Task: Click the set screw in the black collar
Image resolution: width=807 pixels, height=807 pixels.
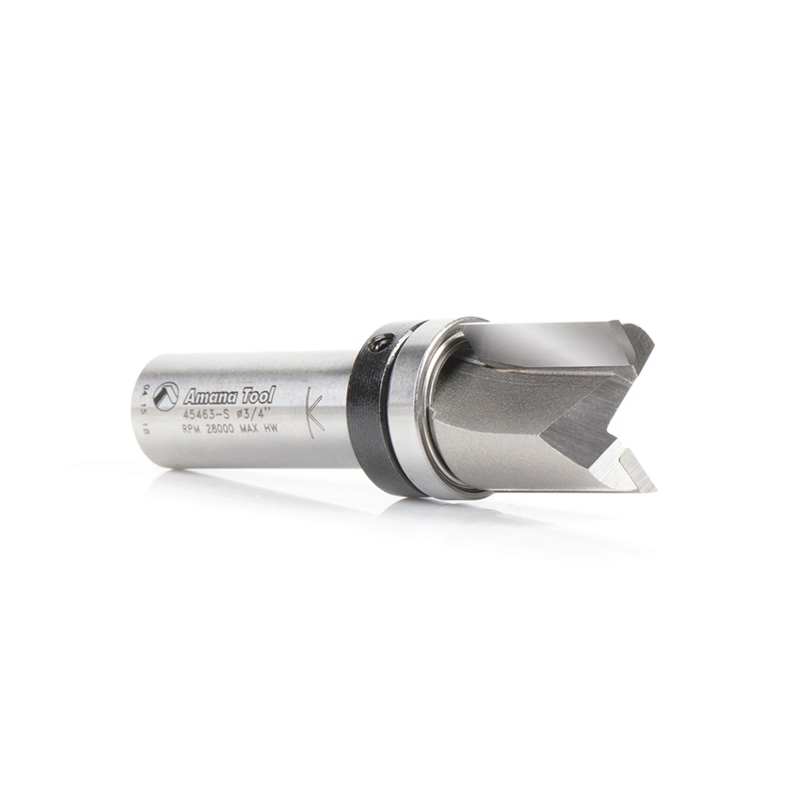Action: coord(377,345)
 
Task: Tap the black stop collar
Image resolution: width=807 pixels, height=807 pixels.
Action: coord(372,403)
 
